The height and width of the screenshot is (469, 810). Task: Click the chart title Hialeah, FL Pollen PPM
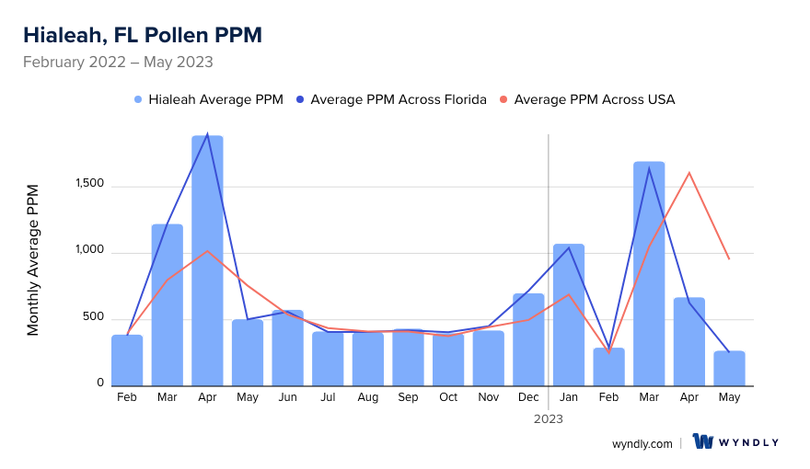point(143,35)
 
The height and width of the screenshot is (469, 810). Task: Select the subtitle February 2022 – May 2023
point(118,63)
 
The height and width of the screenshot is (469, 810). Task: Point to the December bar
point(528,339)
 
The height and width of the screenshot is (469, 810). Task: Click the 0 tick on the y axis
point(100,383)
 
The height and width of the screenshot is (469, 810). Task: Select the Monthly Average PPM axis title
point(33,259)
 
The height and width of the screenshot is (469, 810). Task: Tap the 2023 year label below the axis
point(549,418)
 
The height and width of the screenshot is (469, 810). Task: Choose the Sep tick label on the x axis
point(408,397)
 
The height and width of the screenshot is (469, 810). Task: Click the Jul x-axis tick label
point(328,397)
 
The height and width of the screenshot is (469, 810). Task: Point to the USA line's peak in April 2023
point(688,173)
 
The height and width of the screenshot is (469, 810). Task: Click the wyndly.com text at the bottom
point(642,443)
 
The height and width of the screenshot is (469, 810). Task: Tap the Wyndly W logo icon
point(703,441)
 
